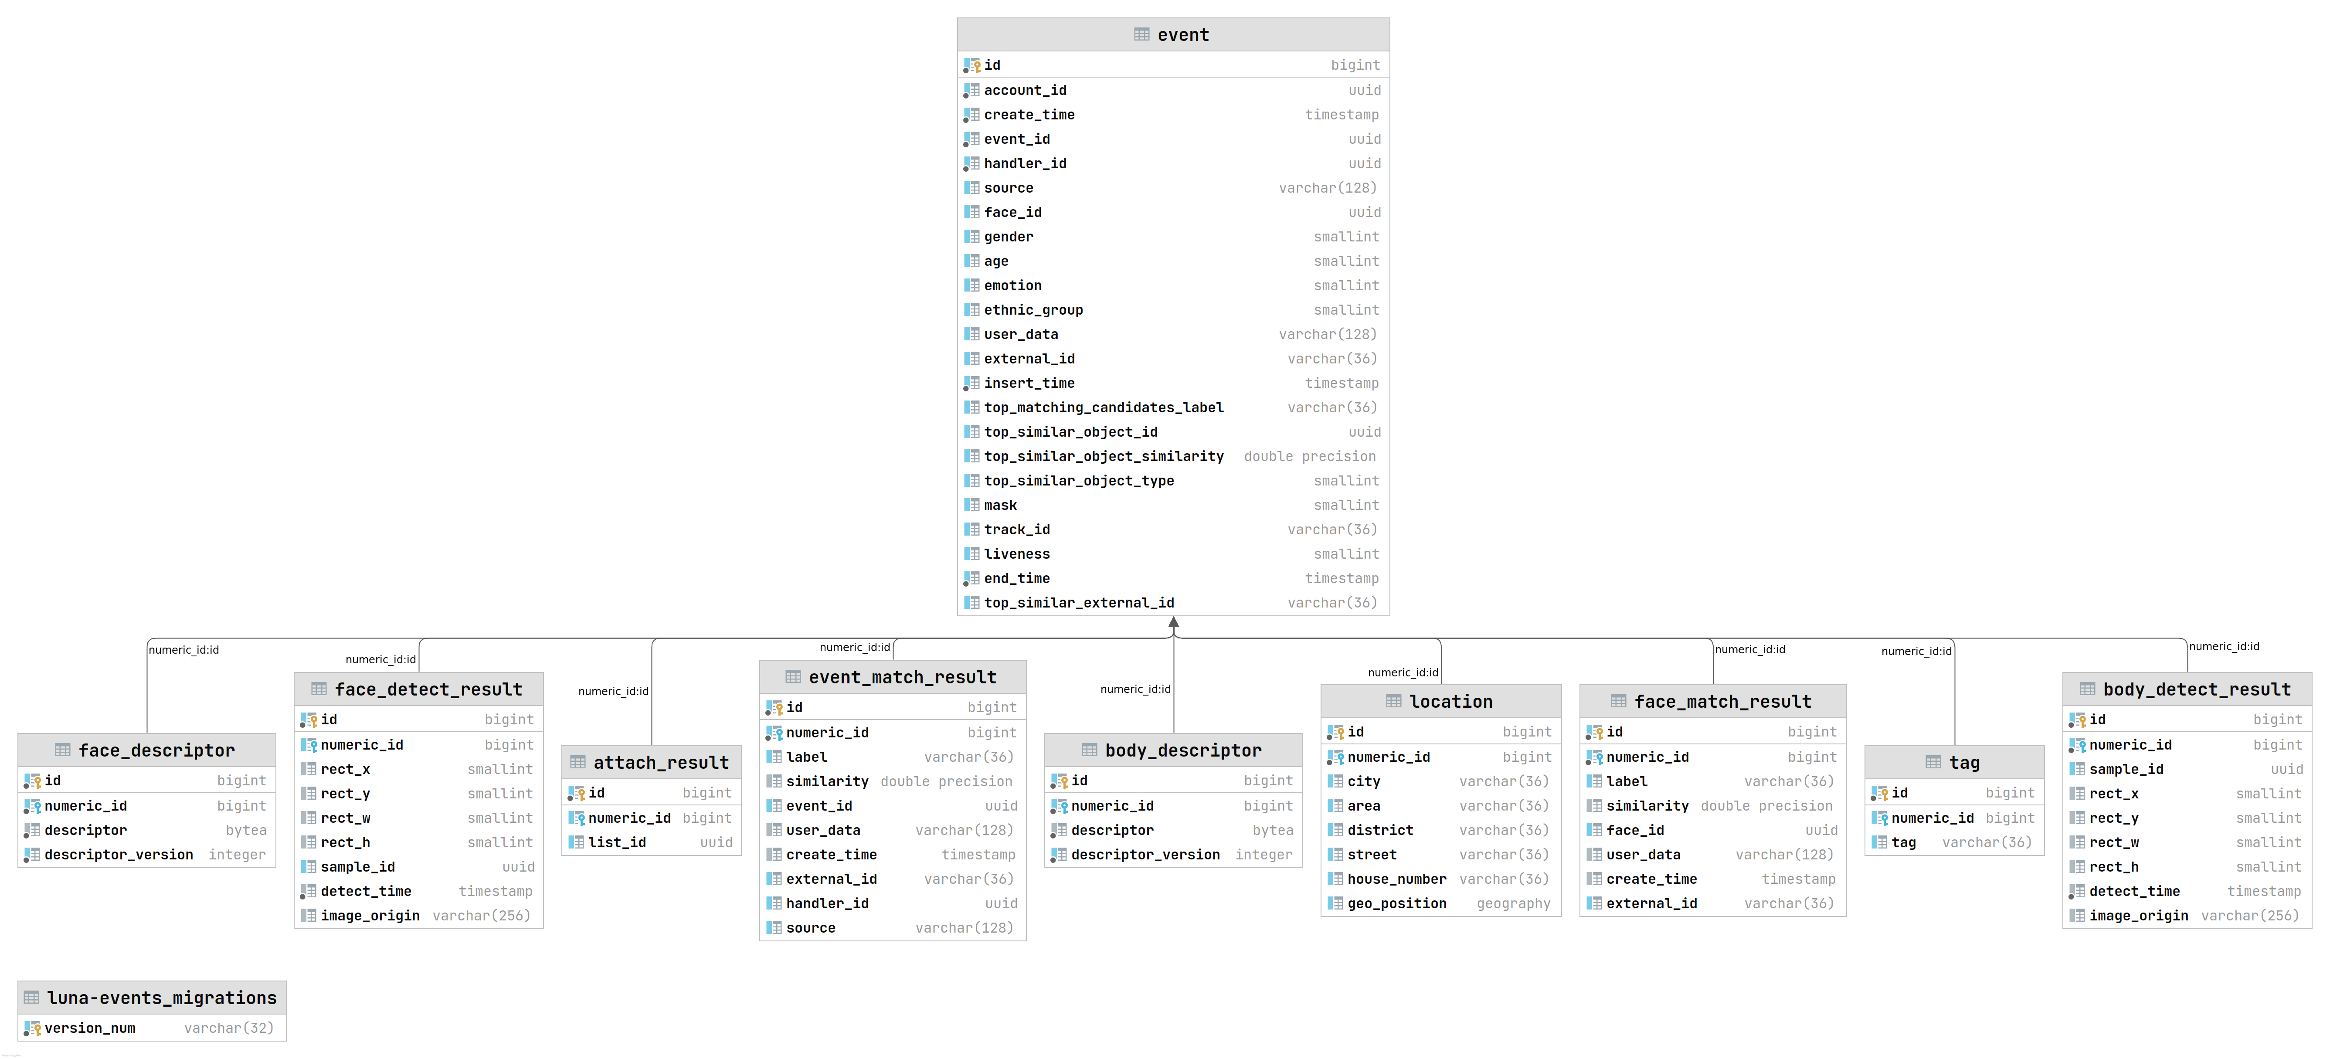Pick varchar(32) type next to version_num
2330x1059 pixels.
tap(229, 1028)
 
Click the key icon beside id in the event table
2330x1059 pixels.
tap(972, 65)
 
